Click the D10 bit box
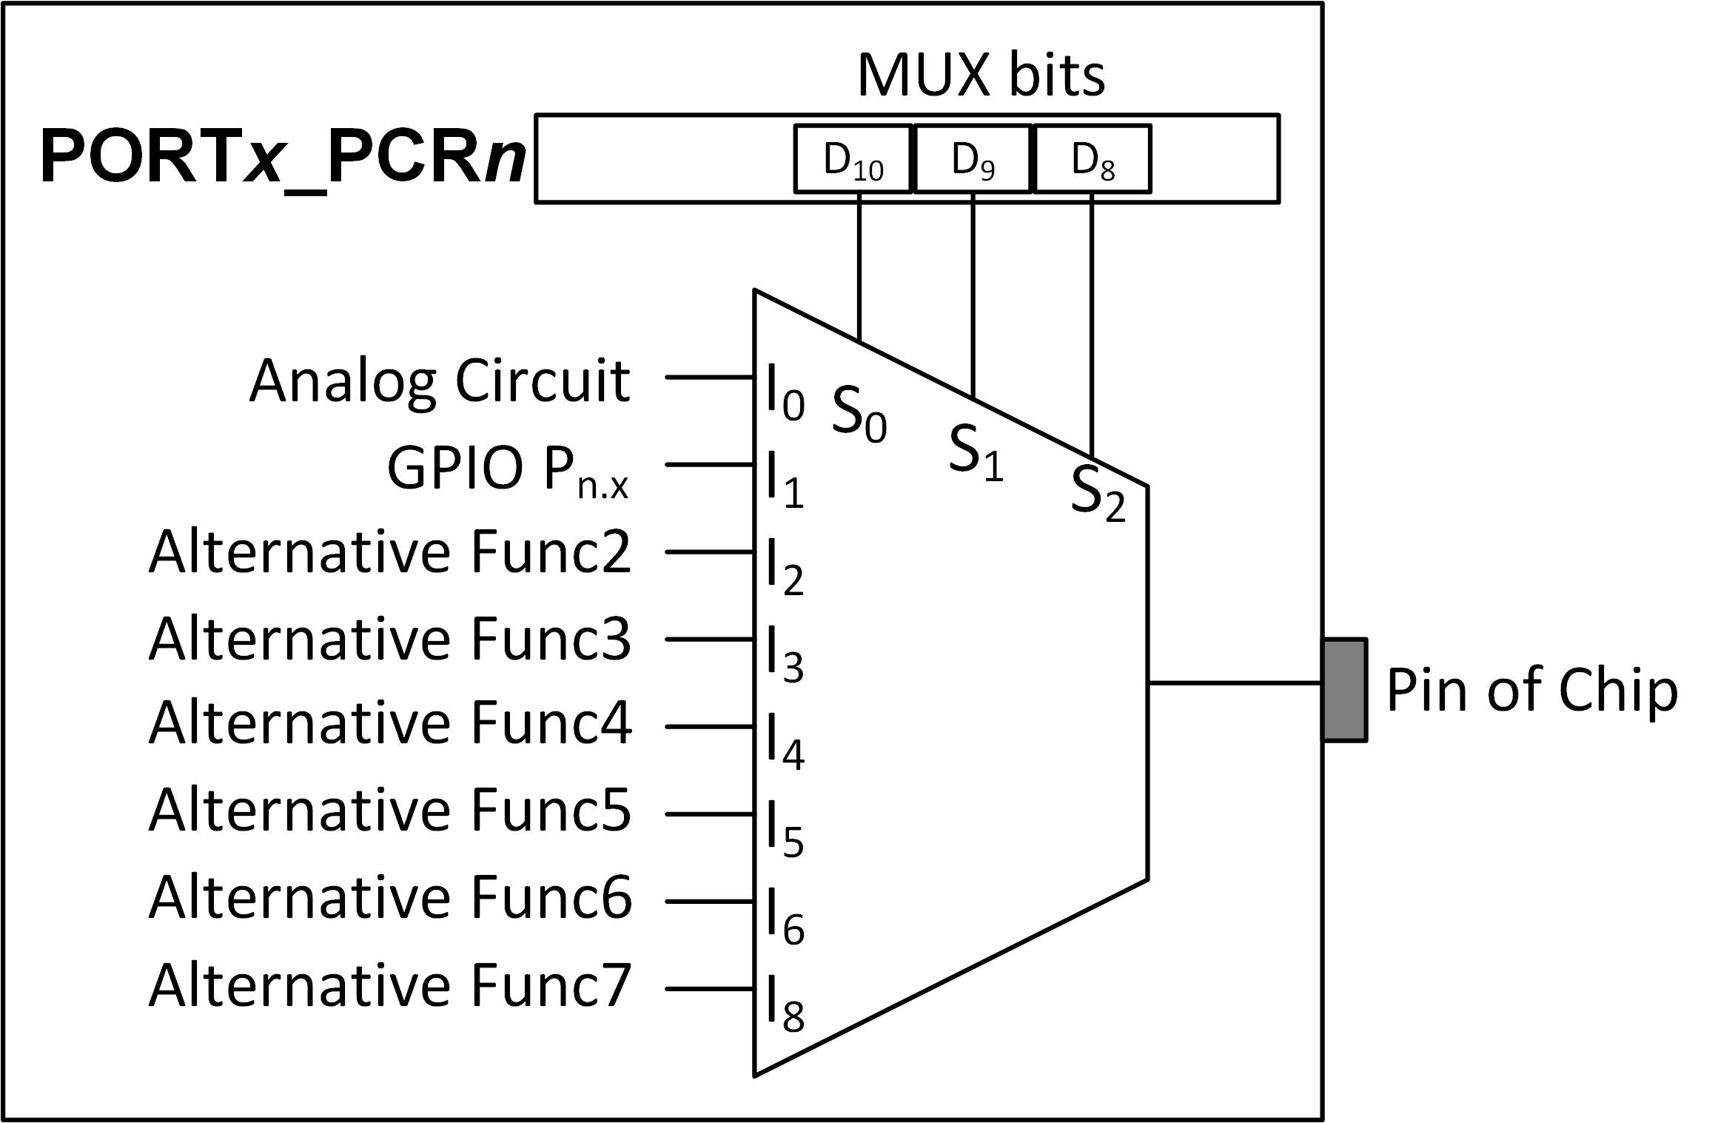click(x=853, y=159)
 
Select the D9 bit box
click(x=973, y=159)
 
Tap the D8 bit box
click(x=1093, y=159)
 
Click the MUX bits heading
click(x=981, y=76)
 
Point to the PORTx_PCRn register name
click(x=283, y=158)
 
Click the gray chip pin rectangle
click(x=1345, y=689)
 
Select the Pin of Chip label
click(x=1531, y=690)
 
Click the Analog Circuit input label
click(x=440, y=381)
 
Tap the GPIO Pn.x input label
click(x=508, y=470)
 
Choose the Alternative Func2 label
click(x=390, y=552)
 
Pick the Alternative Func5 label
click(x=390, y=811)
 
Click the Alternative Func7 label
click(x=390, y=986)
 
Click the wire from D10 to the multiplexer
click(x=859, y=266)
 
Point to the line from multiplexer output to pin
click(x=1235, y=683)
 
